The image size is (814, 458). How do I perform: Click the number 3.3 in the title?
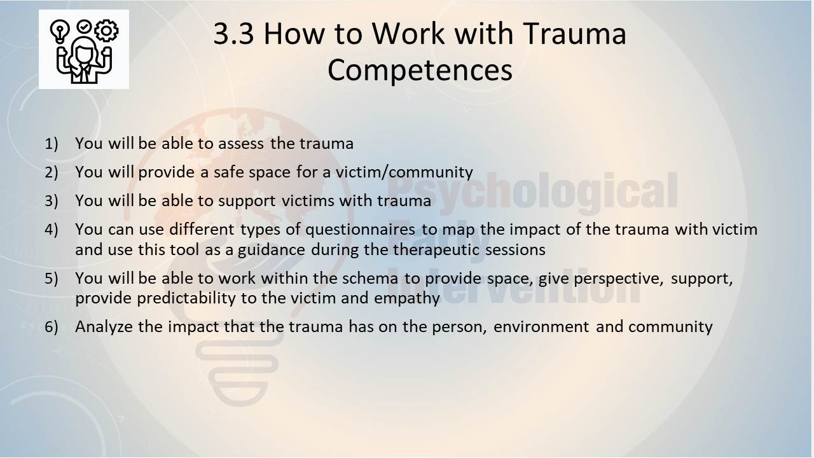point(233,34)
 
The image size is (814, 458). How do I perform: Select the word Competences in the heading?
point(420,71)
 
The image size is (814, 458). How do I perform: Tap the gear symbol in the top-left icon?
point(106,31)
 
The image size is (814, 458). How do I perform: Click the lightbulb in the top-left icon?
point(60,31)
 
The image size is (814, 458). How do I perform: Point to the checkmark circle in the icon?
point(84,27)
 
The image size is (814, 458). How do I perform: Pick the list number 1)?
point(52,144)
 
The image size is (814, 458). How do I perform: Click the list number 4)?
point(52,230)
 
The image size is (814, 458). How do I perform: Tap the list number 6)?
point(52,327)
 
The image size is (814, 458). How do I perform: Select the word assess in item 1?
point(241,144)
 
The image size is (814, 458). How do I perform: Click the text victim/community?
point(404,172)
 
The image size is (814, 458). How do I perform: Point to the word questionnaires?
point(360,230)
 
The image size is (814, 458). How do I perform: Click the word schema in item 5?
point(370,279)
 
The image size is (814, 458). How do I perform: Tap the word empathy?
point(407,299)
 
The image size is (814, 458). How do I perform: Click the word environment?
point(541,327)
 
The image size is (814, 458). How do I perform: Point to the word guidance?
point(272,250)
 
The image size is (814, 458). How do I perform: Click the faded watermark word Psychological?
point(533,191)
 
